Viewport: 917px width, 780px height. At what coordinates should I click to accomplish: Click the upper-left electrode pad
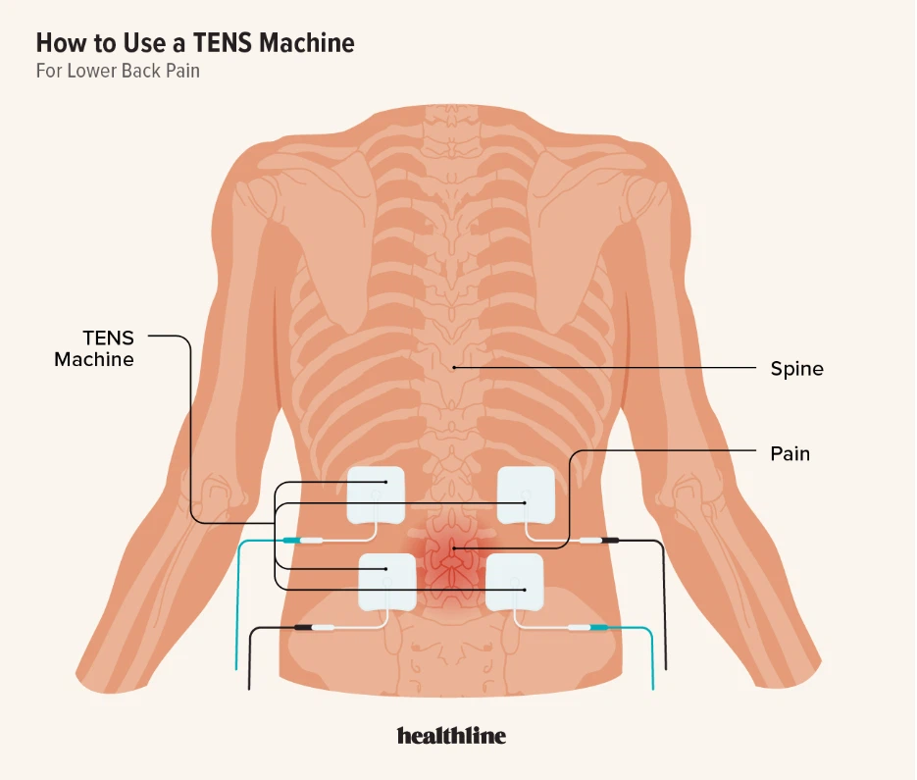378,494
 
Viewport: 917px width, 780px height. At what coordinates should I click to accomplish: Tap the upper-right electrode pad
528,495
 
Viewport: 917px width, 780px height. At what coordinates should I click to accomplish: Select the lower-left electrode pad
386,581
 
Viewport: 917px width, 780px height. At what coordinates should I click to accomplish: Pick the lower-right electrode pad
515,581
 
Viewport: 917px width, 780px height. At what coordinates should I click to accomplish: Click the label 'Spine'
796,370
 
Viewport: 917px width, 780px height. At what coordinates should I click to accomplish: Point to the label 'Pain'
790,454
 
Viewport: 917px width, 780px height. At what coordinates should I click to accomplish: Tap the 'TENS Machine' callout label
95,349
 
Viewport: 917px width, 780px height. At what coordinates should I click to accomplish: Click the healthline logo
451,736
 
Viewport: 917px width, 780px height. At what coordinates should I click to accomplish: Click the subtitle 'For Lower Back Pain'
118,72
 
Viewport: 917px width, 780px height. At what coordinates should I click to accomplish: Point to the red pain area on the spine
452,562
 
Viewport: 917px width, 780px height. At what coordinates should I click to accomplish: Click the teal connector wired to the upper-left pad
290,541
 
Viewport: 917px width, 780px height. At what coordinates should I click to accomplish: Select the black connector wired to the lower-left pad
304,626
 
